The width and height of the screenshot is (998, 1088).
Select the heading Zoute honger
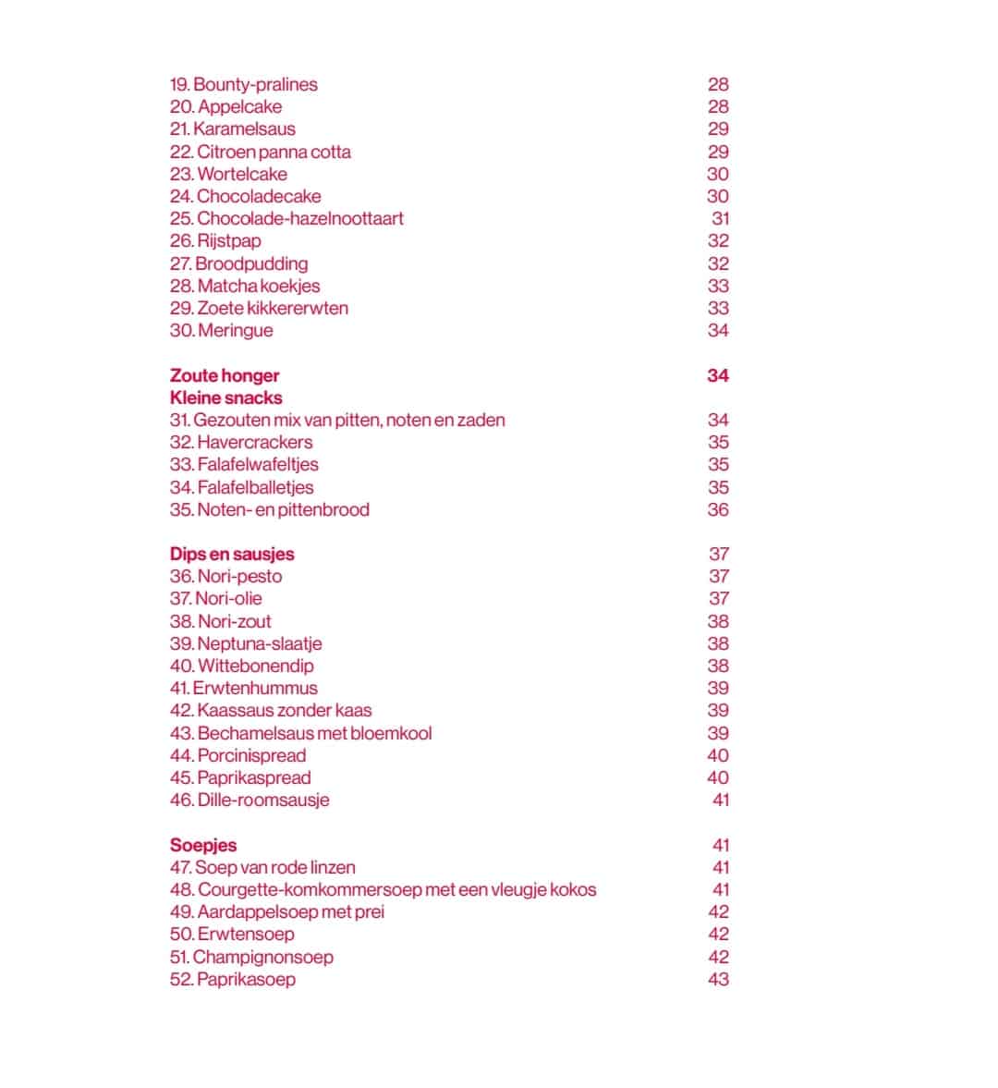click(225, 375)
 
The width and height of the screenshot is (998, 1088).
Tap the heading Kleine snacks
click(226, 397)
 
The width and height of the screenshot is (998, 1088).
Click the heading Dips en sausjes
click(232, 554)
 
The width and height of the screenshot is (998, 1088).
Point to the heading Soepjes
click(203, 845)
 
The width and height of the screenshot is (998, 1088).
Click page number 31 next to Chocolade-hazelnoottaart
click(720, 218)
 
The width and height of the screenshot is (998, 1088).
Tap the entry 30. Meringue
click(222, 330)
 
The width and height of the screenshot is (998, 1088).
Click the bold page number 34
click(718, 375)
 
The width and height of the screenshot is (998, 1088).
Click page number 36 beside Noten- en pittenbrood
click(718, 509)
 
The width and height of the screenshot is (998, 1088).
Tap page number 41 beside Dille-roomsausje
click(720, 800)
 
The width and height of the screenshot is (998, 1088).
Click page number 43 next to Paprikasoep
click(718, 979)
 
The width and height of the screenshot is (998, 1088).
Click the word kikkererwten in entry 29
click(298, 308)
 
